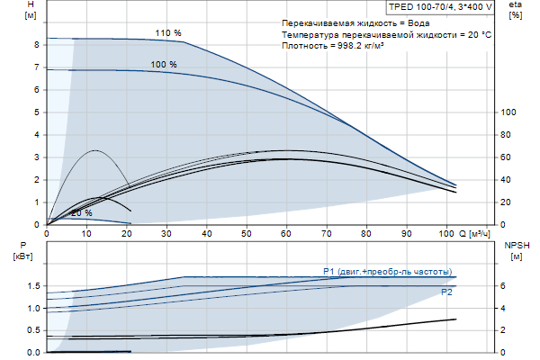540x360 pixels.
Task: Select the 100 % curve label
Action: [x=164, y=65]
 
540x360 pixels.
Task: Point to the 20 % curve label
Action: [x=82, y=213]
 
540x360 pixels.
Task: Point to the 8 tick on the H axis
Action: [x=35, y=44]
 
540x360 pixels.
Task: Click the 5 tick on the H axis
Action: [x=35, y=112]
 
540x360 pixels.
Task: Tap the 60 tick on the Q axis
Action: [x=287, y=234]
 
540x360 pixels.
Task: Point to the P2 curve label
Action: [x=446, y=292]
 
